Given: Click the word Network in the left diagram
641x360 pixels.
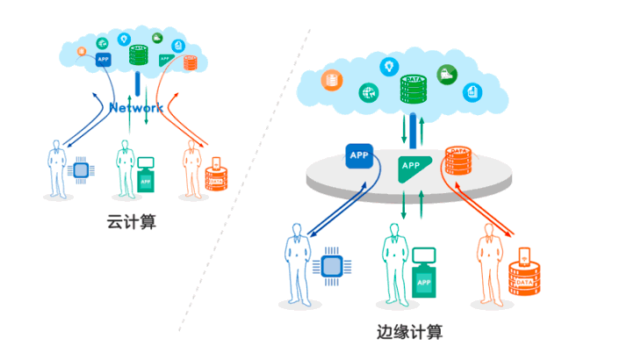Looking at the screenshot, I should [136, 107].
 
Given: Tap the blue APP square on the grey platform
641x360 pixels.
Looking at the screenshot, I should [360, 156].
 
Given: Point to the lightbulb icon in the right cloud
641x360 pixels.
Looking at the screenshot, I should [386, 66].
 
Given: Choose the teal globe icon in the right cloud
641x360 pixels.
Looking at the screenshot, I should [367, 91].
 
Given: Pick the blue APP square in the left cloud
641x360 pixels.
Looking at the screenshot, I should [102, 60].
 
